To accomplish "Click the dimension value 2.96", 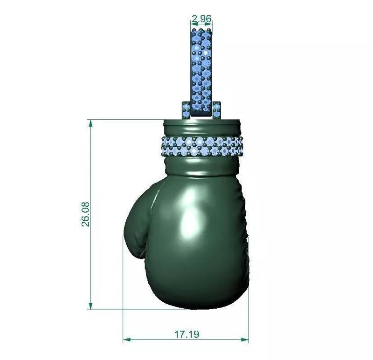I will [202, 19].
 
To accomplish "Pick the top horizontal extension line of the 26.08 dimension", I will [126, 120].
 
